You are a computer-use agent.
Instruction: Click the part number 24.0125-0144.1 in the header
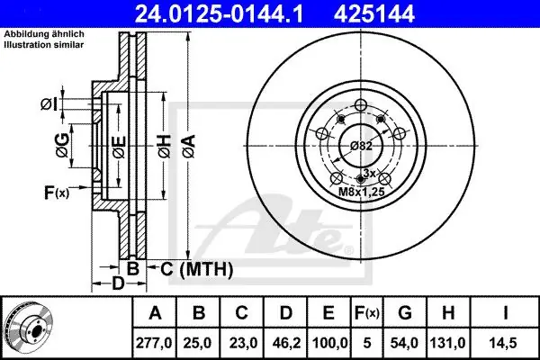coord(219,14)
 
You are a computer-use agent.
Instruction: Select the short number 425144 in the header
coord(374,14)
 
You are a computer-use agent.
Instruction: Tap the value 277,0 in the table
coord(154,343)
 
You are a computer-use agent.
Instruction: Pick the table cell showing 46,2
coord(285,343)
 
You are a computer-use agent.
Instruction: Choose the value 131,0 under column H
coord(448,343)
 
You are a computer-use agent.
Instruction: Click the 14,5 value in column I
coord(505,343)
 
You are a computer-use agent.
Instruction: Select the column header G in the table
coord(405,313)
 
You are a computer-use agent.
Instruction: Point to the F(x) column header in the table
coord(367,313)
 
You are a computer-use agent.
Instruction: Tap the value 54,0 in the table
coord(404,343)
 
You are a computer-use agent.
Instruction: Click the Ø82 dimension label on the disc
coord(361,146)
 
